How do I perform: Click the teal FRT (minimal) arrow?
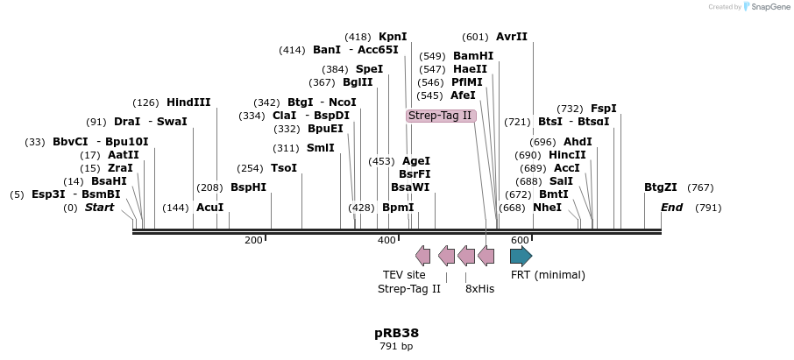521,256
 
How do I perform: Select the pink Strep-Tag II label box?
440,116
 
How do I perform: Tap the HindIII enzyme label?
188,102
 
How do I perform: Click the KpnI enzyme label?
393,37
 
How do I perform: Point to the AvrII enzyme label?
512,37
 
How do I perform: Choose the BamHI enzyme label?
473,56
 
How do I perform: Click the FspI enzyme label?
604,109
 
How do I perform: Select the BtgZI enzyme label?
661,187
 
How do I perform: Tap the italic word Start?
99,208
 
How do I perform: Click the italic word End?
671,208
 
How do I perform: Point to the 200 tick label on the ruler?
253,240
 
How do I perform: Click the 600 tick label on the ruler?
519,240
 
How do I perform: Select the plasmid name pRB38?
396,333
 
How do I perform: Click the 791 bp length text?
396,347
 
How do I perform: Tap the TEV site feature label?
404,275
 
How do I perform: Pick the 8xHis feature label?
479,288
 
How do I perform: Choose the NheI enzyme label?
547,208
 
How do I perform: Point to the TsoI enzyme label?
284,168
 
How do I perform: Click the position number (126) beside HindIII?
146,102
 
